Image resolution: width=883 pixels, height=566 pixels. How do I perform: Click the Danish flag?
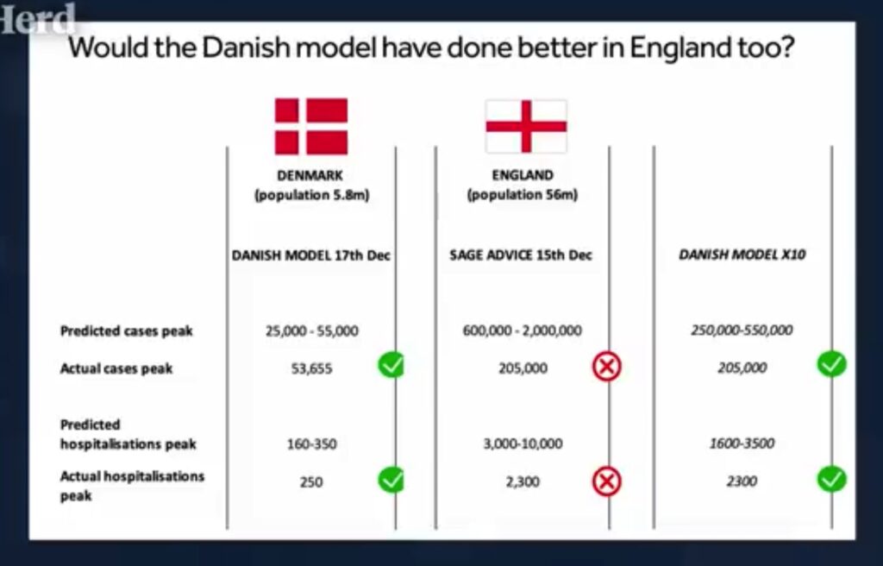click(310, 126)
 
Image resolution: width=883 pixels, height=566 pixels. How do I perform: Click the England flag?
click(526, 126)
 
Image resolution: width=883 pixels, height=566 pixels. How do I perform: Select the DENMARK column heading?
click(310, 175)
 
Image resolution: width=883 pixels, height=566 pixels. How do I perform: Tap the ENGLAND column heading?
click(523, 175)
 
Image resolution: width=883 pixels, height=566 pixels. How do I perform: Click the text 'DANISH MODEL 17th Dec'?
click(310, 255)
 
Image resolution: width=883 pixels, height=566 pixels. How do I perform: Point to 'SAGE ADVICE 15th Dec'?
click(521, 255)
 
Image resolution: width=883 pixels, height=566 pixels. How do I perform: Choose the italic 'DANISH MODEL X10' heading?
click(742, 255)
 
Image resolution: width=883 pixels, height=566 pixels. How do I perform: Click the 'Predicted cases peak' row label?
click(126, 331)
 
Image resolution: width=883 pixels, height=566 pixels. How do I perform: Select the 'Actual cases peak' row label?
click(116, 368)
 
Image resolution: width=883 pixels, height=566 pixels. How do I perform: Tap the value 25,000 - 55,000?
click(312, 330)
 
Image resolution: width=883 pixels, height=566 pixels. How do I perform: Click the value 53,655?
click(311, 368)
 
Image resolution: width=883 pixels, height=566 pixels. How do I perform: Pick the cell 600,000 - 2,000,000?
click(522, 330)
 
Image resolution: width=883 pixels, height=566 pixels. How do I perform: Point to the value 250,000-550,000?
click(742, 330)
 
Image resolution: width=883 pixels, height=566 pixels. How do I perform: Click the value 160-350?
click(312, 443)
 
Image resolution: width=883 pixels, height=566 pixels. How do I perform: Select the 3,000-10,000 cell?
click(523, 443)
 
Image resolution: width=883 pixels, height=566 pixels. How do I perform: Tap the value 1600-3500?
click(742, 443)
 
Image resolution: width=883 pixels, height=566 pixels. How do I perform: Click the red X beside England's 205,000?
click(606, 367)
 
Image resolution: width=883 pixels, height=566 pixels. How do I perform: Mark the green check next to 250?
click(391, 480)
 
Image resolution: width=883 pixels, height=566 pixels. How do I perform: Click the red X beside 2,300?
click(606, 481)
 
